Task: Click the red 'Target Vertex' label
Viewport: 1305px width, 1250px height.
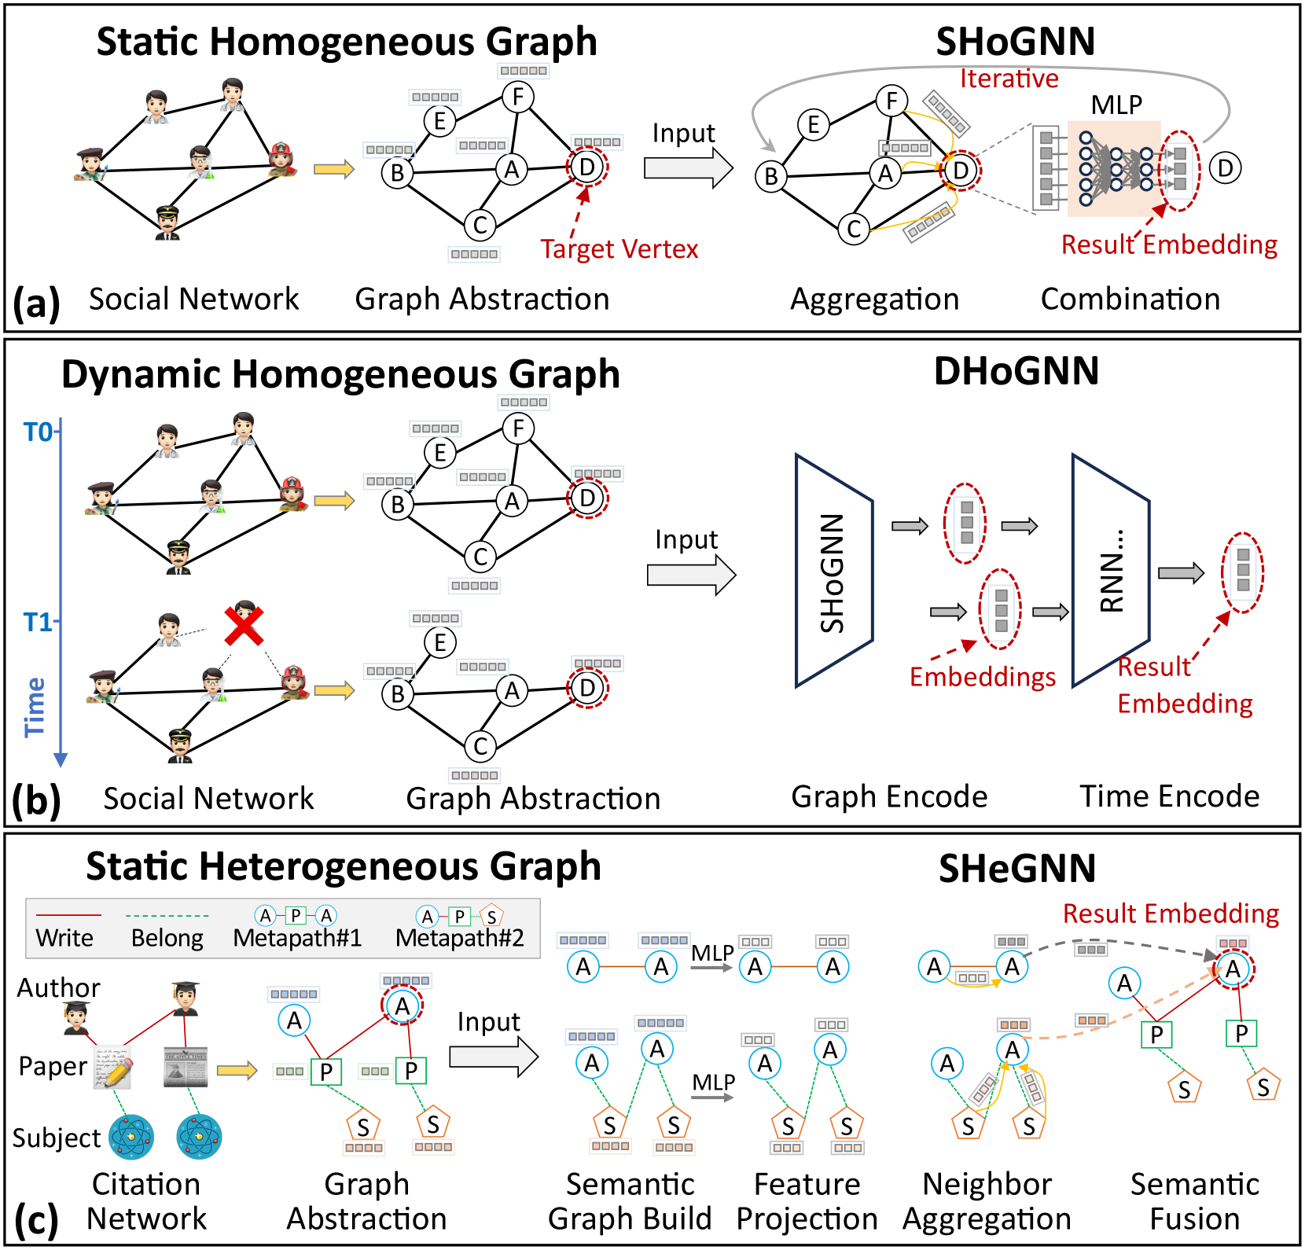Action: [619, 249]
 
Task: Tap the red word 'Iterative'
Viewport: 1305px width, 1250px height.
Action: [1009, 79]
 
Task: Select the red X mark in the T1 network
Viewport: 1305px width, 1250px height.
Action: [244, 626]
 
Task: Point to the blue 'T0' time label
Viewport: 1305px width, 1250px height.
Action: [38, 432]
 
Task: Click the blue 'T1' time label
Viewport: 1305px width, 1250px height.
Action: [38, 622]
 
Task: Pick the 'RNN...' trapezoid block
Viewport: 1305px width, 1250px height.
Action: [1111, 572]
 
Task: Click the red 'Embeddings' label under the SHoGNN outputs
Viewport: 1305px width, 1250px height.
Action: [982, 677]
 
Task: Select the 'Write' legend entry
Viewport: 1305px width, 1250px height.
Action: [64, 938]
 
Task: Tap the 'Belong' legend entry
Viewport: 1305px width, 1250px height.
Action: [167, 938]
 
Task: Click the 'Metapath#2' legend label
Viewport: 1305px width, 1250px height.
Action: [459, 938]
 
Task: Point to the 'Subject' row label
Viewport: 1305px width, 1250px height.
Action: [57, 1138]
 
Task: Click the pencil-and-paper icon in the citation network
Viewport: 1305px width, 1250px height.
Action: [112, 1068]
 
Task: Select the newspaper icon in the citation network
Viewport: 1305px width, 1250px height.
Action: [186, 1067]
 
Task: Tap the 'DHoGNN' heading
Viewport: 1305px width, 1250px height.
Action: [1016, 371]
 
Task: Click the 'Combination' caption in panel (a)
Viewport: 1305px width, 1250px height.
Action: [1130, 300]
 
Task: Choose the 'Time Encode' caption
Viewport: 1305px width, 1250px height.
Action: [1169, 796]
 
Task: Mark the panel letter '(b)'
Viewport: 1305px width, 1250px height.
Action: [36, 800]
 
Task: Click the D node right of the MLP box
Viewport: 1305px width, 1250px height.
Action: [1225, 168]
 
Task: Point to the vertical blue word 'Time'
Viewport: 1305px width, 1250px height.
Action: [35, 707]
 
